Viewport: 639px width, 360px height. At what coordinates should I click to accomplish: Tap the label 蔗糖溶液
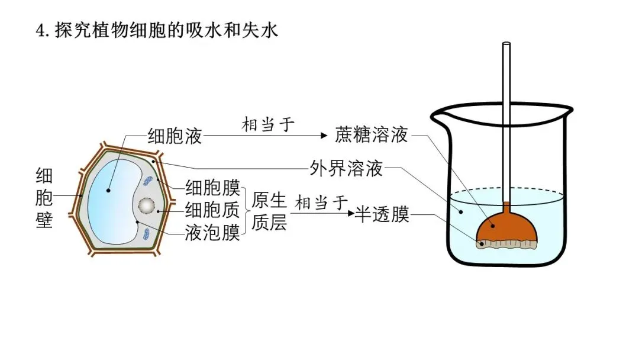tap(371, 135)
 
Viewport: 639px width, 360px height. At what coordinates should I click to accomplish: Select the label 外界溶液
tap(346, 169)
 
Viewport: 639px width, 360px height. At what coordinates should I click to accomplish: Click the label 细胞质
tap(212, 210)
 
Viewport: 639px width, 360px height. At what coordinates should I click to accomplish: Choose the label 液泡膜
tap(212, 233)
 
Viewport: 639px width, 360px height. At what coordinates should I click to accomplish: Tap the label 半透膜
tap(382, 214)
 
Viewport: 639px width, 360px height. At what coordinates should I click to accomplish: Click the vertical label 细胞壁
tap(44, 198)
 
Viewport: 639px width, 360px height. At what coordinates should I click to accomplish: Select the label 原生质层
tap(269, 211)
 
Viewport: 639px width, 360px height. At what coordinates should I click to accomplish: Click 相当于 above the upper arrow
tap(268, 124)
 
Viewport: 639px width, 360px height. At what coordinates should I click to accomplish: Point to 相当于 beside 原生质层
tap(322, 202)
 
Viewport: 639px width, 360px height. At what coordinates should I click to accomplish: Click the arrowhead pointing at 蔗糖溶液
tap(323, 136)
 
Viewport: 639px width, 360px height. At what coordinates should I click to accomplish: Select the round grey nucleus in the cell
tap(146, 205)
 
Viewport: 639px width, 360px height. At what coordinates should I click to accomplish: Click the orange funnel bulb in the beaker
tap(506, 226)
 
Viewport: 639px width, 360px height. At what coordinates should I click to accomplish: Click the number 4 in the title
tap(41, 31)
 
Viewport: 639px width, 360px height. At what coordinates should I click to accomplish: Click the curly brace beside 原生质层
tap(246, 211)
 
